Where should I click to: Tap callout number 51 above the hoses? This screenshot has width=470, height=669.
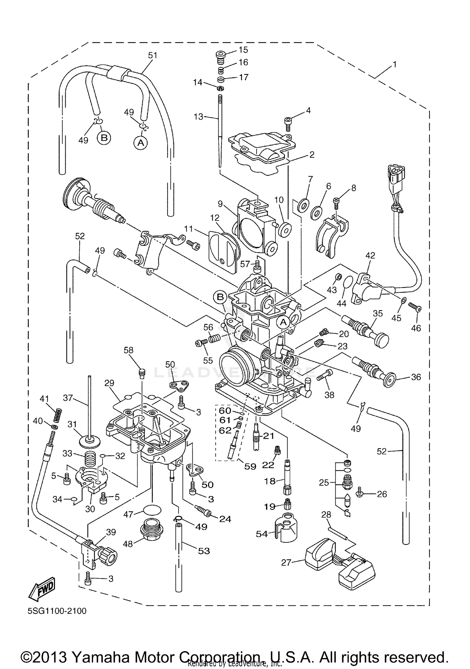153,55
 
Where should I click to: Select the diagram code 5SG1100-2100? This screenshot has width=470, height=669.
56,611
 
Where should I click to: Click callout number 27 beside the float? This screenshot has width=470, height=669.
286,563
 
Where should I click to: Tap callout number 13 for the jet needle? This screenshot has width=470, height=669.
199,117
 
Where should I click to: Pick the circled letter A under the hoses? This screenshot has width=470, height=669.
141,143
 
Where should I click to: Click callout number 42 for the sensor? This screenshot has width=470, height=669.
370,255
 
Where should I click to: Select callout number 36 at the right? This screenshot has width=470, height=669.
415,377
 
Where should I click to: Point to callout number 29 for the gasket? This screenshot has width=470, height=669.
109,383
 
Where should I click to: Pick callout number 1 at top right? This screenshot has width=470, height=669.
394,65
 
